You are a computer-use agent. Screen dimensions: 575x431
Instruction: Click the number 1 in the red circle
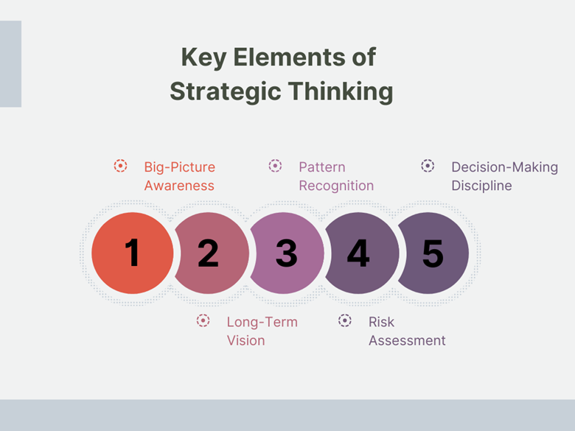132,252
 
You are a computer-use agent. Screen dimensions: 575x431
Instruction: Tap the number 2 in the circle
208,253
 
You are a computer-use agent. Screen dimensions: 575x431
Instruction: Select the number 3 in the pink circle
287,253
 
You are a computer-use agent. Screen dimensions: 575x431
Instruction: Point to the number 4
358,253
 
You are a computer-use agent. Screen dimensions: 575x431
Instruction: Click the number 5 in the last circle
433,253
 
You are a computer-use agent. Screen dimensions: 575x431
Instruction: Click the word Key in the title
203,58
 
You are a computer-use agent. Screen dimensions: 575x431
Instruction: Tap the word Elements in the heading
290,57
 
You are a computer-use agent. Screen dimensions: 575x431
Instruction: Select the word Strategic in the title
225,91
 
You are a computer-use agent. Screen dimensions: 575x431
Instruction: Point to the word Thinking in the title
341,91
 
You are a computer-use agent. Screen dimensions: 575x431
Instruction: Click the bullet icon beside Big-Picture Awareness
120,166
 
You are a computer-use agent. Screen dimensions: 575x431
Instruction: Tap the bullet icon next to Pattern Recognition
275,166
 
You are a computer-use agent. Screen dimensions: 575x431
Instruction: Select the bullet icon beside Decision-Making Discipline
428,166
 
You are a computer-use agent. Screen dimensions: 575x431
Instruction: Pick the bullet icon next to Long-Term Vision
203,320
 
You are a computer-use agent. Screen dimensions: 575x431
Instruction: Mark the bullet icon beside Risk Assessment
345,320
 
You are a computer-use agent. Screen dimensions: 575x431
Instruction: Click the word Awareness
179,186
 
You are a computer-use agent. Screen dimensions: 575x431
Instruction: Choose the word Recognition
336,186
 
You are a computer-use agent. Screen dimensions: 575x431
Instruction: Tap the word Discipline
481,186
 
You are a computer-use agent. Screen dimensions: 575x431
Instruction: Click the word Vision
245,341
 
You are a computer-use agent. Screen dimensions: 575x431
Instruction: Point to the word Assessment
407,341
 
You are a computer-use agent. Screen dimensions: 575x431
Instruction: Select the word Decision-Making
504,167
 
